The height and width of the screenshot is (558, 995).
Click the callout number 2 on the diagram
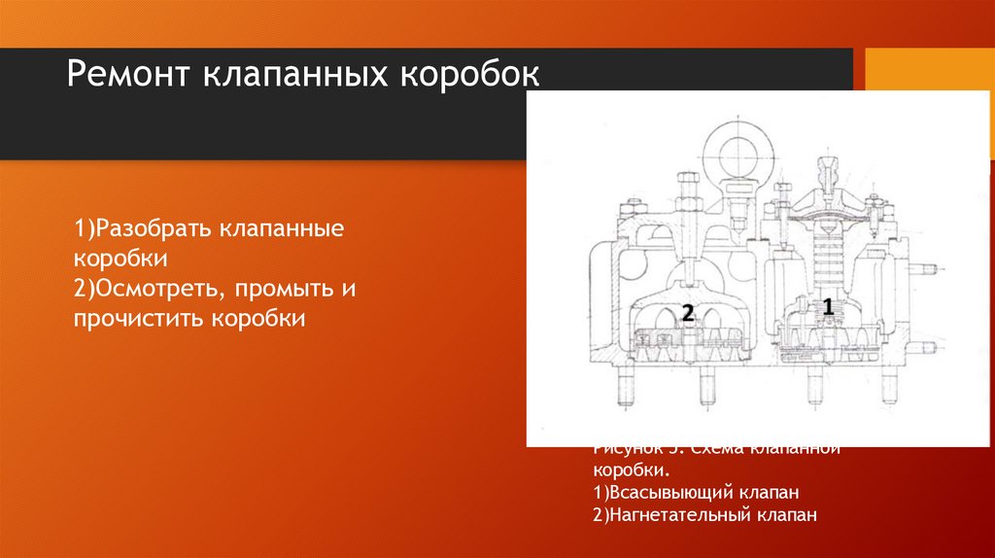pos(687,313)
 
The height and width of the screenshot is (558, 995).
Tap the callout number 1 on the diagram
pos(828,307)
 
